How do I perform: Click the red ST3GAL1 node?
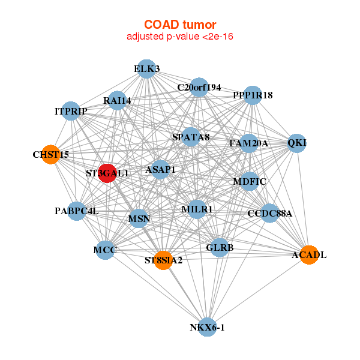tap(107, 173)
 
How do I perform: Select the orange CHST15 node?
tap(51, 154)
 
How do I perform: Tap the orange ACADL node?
tap(308, 254)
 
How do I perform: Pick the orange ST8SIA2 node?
tap(163, 260)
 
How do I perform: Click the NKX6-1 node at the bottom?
tap(207, 327)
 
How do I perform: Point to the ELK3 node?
tap(146, 69)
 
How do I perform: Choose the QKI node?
tap(296, 143)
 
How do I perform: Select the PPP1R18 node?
tap(253, 95)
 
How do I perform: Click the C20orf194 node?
tap(199, 88)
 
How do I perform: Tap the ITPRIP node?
tap(71, 111)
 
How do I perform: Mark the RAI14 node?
tap(117, 100)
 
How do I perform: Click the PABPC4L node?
tap(76, 211)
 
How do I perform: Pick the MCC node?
tap(105, 249)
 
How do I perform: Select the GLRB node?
tap(220, 247)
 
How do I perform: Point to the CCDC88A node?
tap(269, 213)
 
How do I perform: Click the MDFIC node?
tap(250, 181)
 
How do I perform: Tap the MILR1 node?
tap(197, 209)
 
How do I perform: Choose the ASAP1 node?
tap(160, 170)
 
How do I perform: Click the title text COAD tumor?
tap(180, 25)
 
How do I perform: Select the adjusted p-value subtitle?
tap(180, 37)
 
